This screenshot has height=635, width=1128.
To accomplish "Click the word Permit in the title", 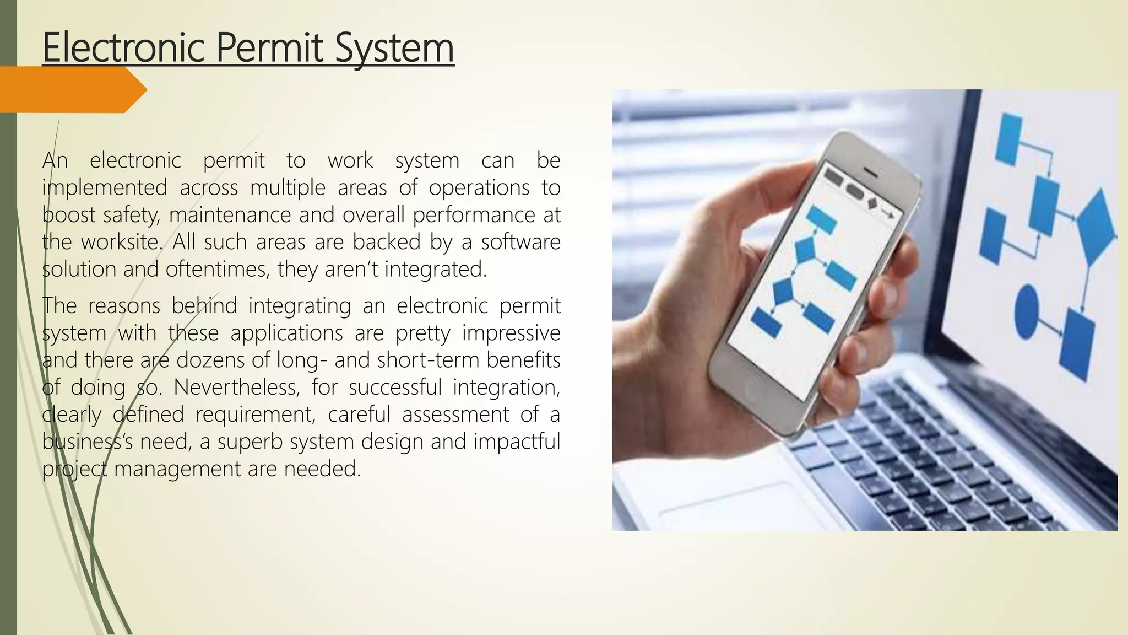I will coord(269,49).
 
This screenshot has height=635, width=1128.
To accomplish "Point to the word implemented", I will coord(105,188).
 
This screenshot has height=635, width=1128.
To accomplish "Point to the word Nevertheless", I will coord(237,387).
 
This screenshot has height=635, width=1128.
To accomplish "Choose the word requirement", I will coord(256,415).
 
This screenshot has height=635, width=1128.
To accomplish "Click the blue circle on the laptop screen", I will coord(1026,311).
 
